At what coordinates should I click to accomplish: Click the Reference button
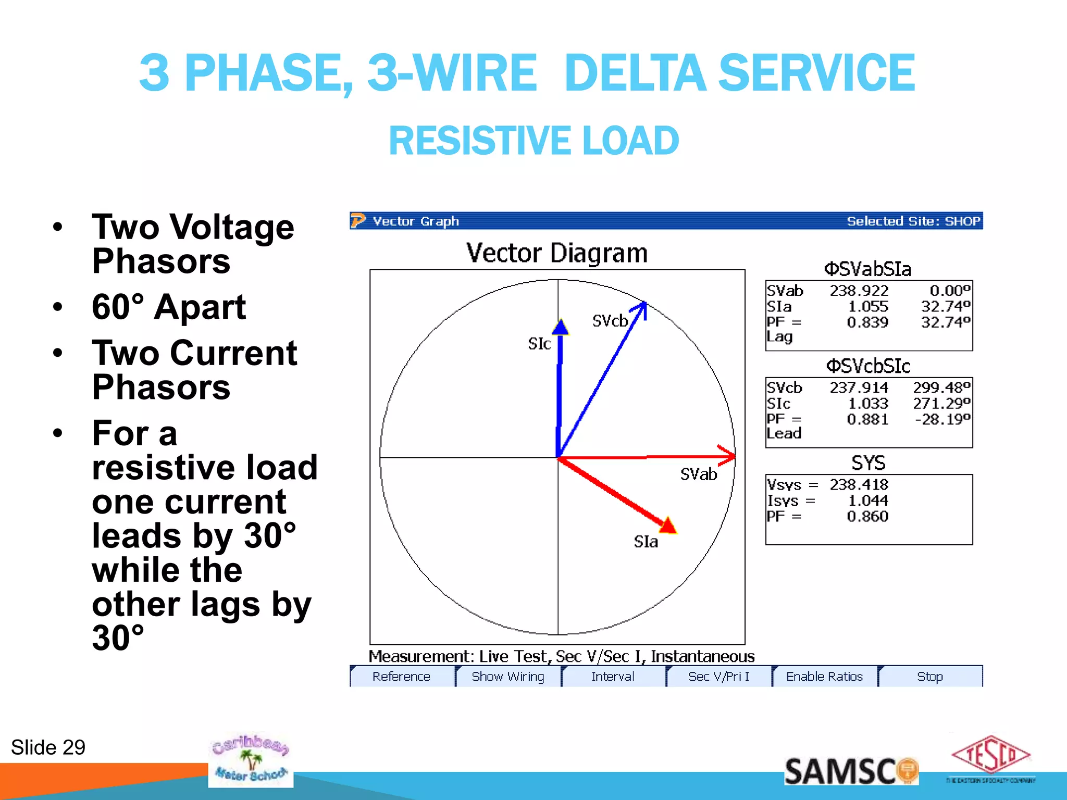(401, 676)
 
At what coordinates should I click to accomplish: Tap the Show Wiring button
(508, 676)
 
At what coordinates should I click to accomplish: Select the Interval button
(613, 676)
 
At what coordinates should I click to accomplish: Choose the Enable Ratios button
(824, 676)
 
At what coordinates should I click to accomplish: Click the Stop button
(930, 676)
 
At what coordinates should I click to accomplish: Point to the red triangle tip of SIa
(668, 526)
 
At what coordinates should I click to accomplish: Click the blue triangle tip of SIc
(560, 328)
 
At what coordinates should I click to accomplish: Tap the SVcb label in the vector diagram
(610, 321)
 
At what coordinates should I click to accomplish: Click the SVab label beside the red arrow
(699, 474)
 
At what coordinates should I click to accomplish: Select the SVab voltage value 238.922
(859, 290)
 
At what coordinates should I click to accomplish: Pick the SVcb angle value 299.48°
(941, 387)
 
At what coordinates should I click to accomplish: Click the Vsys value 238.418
(859, 484)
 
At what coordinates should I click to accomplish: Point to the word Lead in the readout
(784, 433)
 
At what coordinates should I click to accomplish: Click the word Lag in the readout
(779, 336)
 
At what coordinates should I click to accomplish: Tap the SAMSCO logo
(851, 771)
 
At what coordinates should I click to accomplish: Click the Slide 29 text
(48, 747)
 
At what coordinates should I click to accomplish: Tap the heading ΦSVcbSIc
(868, 366)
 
